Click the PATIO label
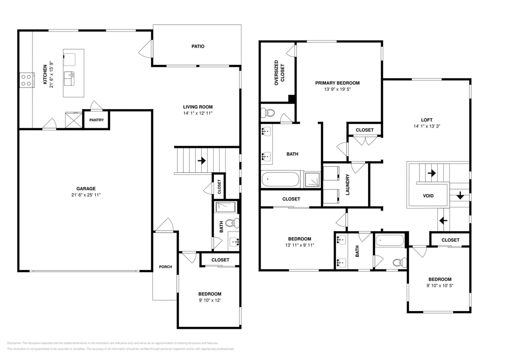click(198, 46)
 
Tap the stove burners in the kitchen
click(26, 79)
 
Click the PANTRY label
click(96, 120)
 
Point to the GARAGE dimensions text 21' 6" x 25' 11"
click(86, 195)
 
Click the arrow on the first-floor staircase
click(201, 161)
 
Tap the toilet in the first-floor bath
click(232, 223)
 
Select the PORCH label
click(166, 267)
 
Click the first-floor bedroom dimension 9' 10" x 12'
click(209, 300)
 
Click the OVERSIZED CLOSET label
click(279, 73)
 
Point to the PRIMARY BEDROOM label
click(337, 83)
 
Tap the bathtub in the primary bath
click(280, 179)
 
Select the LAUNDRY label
click(348, 184)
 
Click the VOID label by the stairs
click(428, 196)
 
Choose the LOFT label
click(427, 120)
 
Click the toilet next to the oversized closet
click(269, 113)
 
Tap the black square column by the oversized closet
click(292, 99)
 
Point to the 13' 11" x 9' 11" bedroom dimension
click(299, 245)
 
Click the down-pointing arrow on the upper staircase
click(460, 195)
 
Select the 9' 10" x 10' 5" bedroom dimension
click(440, 286)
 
